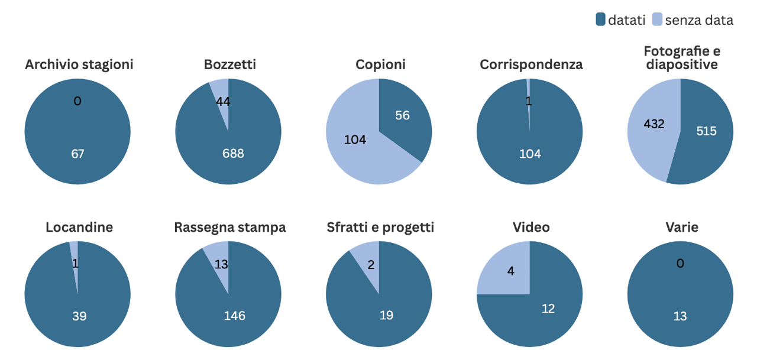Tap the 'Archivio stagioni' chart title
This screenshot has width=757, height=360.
79,64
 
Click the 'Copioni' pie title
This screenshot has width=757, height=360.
380,64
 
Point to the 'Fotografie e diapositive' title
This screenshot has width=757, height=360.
681,58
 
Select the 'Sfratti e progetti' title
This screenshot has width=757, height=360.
380,228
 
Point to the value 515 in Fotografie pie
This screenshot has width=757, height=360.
706,131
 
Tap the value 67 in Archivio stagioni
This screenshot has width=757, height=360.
77,154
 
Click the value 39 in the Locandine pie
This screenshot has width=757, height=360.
79,316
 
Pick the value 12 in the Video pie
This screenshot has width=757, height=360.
548,308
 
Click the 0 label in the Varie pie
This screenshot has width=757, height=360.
680,264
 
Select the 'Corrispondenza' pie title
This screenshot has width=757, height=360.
531,64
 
